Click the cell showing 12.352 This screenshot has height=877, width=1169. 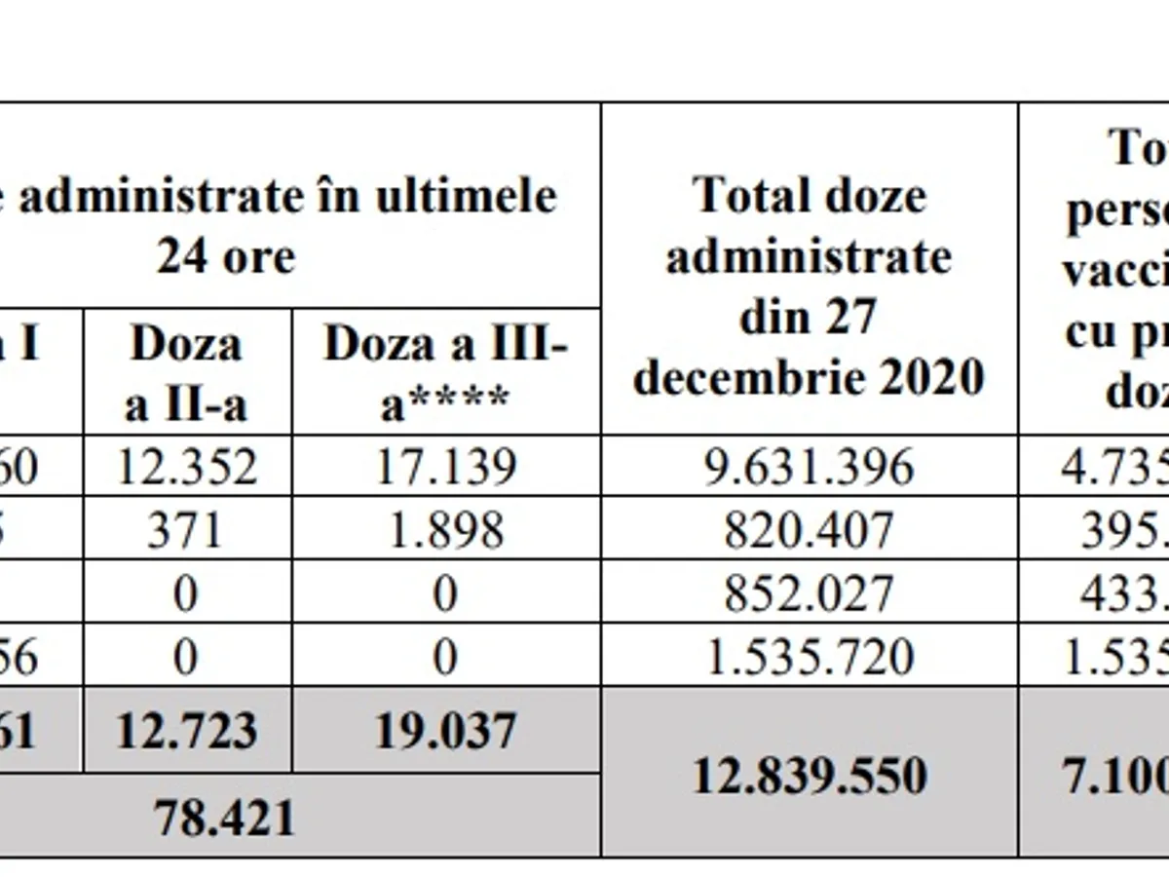(187, 467)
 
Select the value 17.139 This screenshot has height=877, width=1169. (445, 467)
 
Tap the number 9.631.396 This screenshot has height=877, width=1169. (809, 467)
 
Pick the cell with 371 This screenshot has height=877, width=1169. (185, 530)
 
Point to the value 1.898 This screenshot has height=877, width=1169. (445, 530)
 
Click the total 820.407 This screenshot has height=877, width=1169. (809, 530)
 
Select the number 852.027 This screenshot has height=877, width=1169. (809, 593)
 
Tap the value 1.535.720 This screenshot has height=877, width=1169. (809, 657)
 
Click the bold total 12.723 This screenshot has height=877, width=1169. (187, 731)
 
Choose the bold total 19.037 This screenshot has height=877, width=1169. (445, 731)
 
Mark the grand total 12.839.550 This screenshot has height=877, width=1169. (809, 776)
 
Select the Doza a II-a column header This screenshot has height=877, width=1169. (185, 373)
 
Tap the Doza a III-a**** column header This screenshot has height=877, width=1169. (445, 373)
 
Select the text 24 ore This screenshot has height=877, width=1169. (226, 257)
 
